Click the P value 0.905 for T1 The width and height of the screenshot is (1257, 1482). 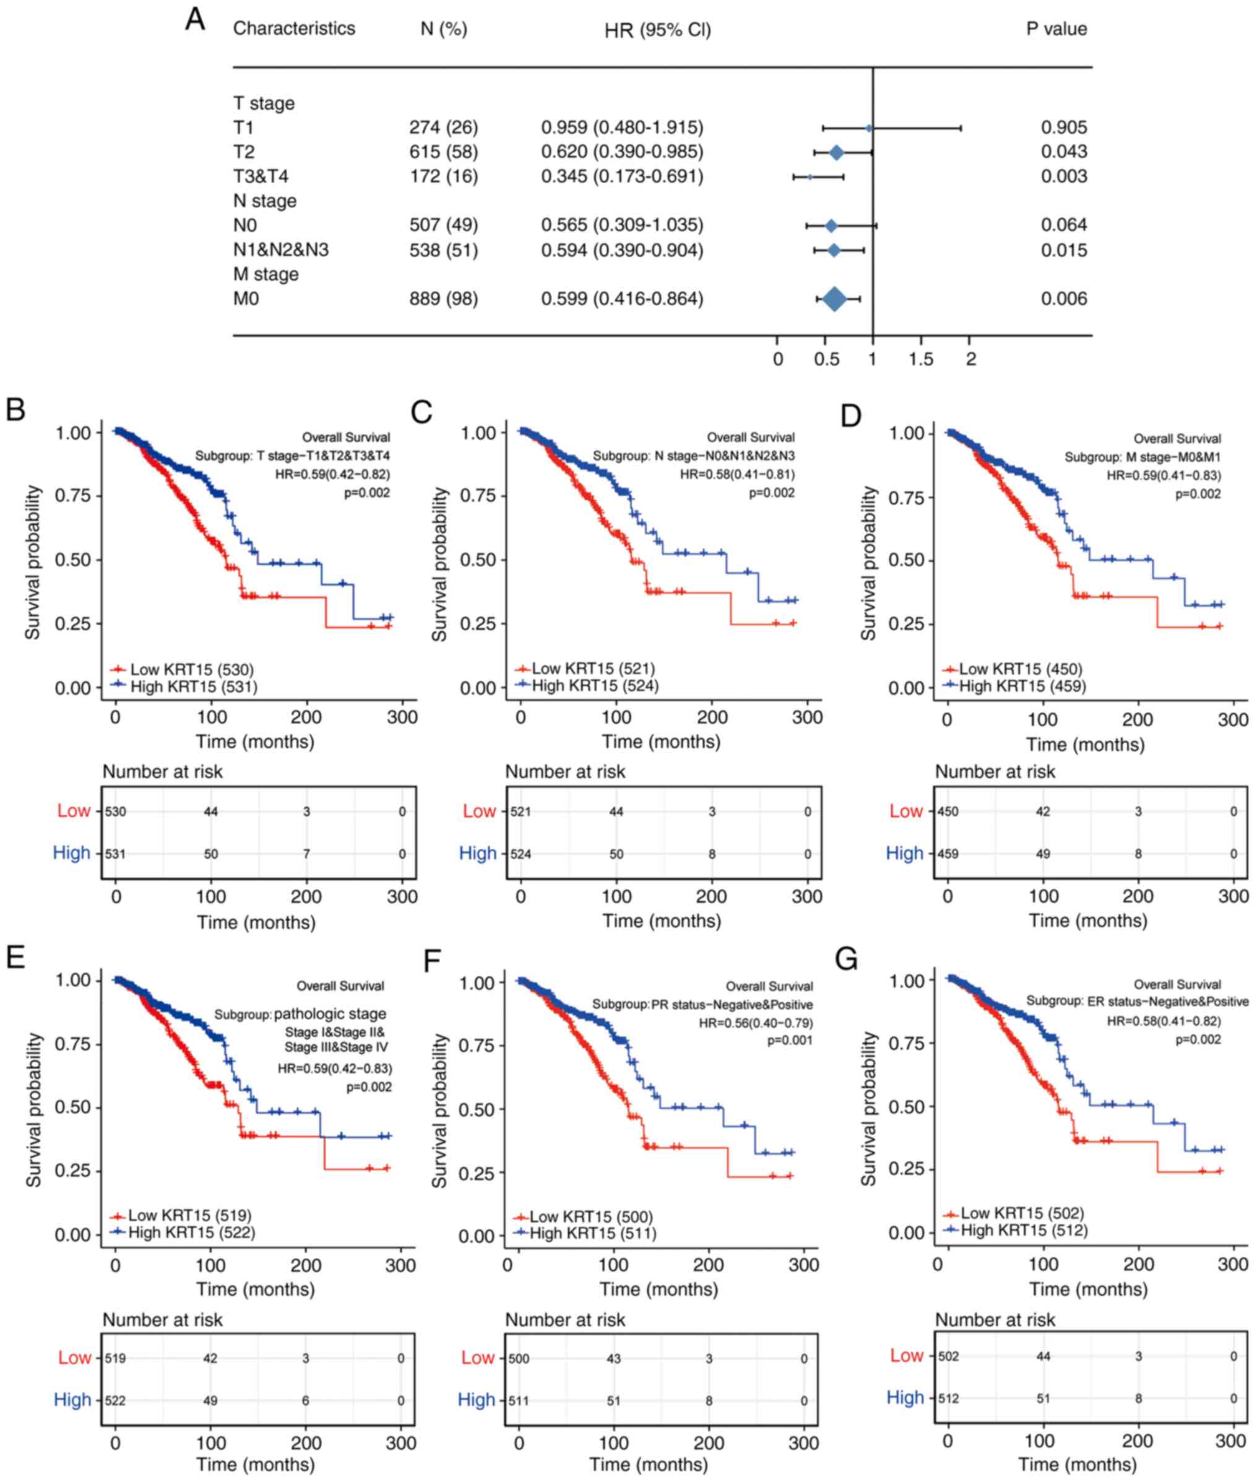click(x=1063, y=128)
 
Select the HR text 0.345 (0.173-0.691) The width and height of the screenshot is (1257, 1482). click(x=621, y=176)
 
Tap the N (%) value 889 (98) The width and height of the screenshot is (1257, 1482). click(x=443, y=298)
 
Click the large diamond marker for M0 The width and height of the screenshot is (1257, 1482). click(x=834, y=300)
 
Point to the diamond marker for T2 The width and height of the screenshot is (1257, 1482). click(x=837, y=152)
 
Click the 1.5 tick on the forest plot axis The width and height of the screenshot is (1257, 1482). click(x=921, y=358)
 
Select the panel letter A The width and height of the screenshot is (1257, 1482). click(x=194, y=20)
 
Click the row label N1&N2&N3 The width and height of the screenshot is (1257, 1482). click(x=281, y=250)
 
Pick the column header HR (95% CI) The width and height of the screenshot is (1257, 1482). click(x=657, y=30)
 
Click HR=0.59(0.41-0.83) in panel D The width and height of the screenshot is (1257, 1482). click(x=1163, y=475)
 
